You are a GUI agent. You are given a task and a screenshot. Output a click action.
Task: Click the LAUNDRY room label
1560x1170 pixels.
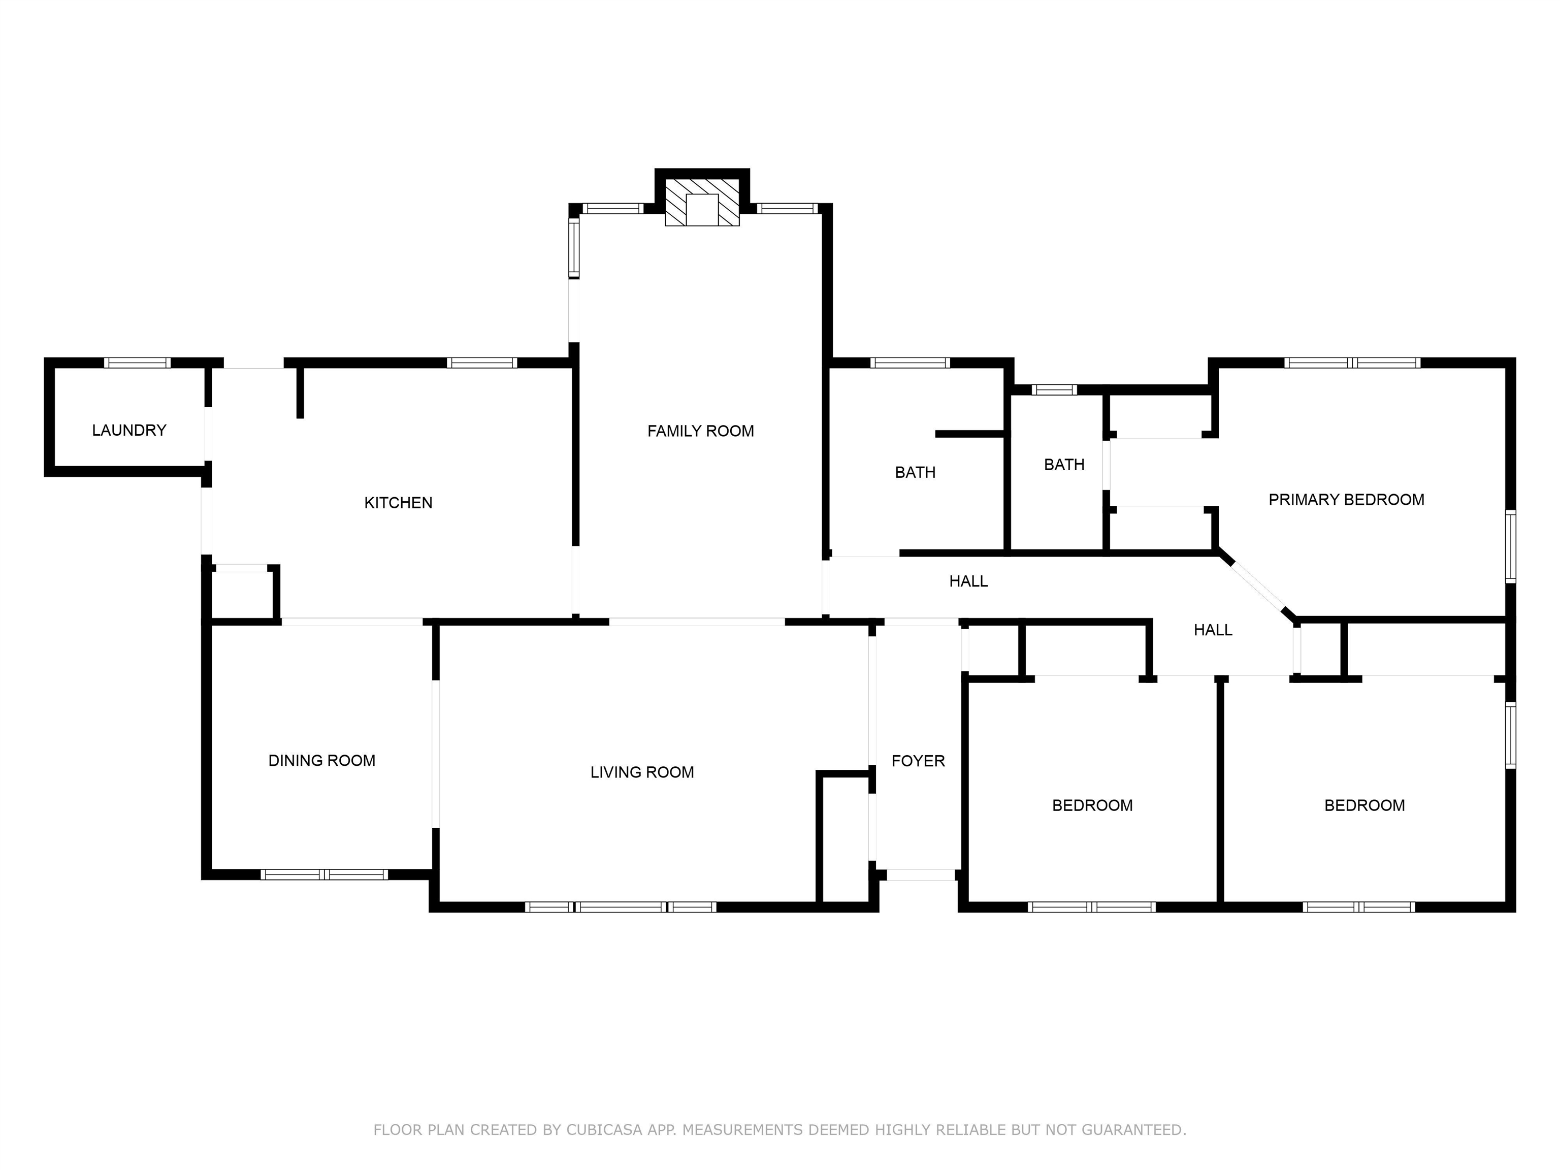pyautogui.click(x=129, y=430)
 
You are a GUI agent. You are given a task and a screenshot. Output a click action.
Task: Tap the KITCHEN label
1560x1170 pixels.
pyautogui.click(x=399, y=503)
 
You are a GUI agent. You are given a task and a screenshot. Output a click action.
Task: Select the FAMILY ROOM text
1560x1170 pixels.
pyautogui.click(x=701, y=431)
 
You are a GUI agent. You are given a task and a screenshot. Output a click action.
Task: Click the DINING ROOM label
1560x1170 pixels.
pyautogui.click(x=321, y=760)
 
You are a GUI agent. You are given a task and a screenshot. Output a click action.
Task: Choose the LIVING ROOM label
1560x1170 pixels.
pyautogui.click(x=642, y=772)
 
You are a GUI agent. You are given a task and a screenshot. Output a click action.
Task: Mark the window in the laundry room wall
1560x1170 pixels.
pyautogui.click(x=138, y=363)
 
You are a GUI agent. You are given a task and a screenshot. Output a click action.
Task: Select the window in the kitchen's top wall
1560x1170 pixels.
pyautogui.click(x=482, y=363)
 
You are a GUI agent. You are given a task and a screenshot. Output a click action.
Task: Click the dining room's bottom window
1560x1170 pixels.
pyautogui.click(x=324, y=874)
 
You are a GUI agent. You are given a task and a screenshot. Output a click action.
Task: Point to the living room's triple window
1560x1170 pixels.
pyautogui.click(x=621, y=907)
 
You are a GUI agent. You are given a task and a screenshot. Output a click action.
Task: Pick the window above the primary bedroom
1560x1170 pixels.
pyautogui.click(x=1352, y=363)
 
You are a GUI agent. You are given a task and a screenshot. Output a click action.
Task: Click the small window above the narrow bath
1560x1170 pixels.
pyautogui.click(x=1054, y=389)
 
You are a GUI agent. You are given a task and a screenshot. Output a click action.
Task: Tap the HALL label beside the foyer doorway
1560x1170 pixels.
pyautogui.click(x=968, y=581)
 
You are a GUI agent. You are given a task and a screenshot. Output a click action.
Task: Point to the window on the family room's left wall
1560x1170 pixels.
pyautogui.click(x=574, y=247)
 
